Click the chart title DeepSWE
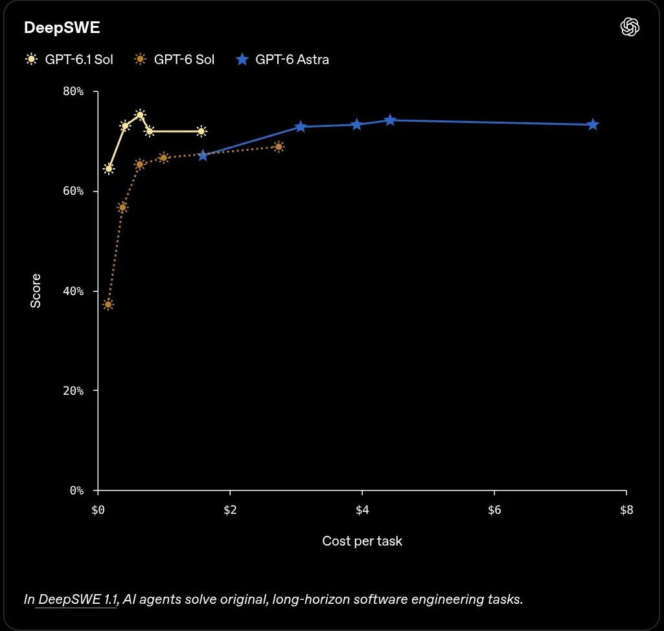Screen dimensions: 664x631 62,27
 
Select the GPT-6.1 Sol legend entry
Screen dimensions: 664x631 69,59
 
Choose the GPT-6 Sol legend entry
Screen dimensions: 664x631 174,59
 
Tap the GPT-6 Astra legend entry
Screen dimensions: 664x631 282,59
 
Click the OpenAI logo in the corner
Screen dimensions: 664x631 630,27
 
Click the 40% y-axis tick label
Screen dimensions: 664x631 73,291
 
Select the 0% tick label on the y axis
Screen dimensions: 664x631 76,491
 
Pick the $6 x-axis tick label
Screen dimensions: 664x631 494,510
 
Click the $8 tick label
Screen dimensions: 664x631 626,510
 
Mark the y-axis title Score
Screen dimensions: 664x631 36,291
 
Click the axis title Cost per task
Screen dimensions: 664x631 362,541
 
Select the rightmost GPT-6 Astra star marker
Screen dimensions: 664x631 593,124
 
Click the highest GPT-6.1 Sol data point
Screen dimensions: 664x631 140,115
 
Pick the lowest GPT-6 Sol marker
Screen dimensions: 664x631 108,305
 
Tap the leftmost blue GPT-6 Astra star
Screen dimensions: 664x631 203,155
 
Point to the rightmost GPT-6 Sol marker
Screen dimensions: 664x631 279,147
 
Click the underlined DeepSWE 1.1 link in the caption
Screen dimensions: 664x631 78,599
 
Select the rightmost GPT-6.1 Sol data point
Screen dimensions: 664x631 201,131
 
